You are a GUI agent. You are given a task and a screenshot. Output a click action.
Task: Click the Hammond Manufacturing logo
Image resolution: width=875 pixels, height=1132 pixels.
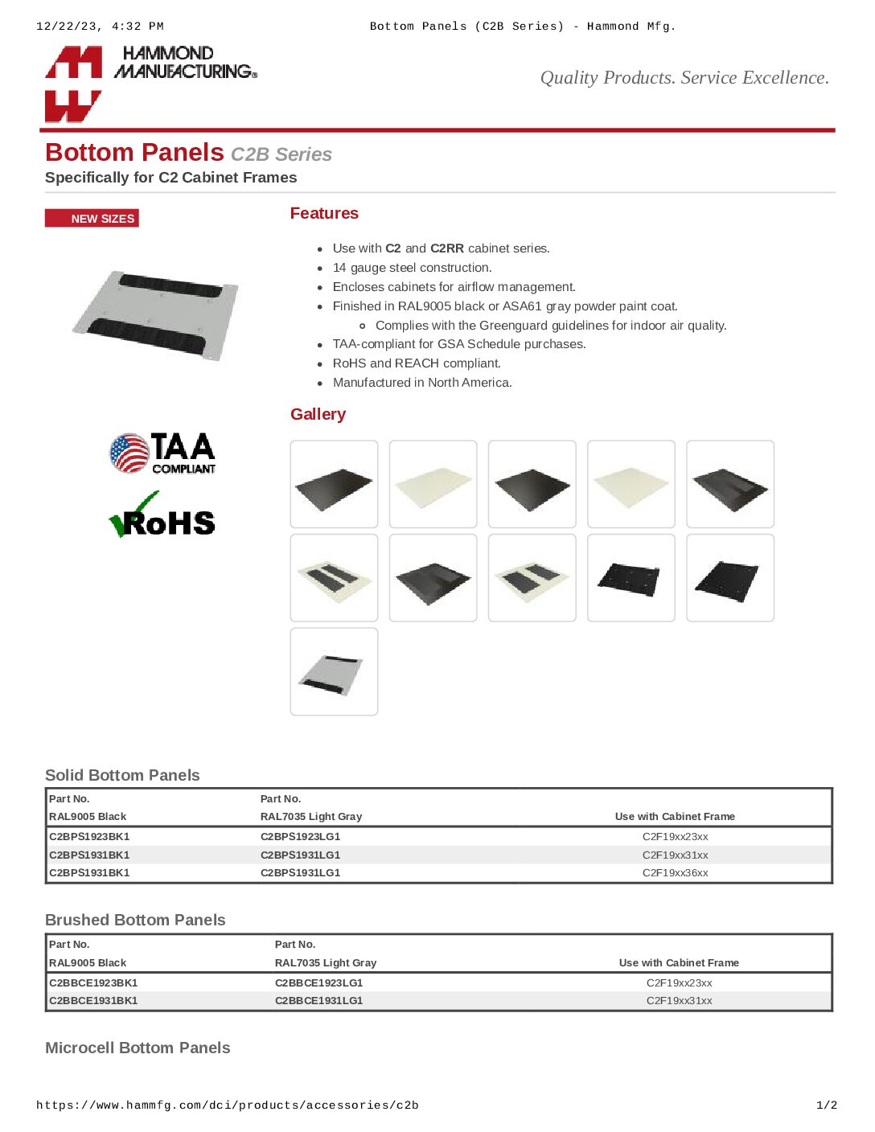150,82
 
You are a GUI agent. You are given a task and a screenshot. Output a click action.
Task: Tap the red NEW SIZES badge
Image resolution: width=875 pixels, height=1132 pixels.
92,219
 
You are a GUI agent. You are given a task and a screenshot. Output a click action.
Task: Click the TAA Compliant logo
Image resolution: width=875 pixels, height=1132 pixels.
162,453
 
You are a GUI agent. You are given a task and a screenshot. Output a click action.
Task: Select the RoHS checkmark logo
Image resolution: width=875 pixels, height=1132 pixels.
162,517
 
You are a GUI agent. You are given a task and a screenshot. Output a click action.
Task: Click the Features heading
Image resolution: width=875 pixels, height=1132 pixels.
324,213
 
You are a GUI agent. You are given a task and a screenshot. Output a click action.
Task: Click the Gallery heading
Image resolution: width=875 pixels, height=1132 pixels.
318,414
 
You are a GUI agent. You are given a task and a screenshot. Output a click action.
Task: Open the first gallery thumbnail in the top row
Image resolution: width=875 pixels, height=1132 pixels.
334,484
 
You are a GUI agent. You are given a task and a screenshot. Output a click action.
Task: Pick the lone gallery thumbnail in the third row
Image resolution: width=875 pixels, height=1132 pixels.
334,671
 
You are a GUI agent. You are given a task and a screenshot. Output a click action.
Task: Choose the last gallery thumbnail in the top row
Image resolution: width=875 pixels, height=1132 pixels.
729,484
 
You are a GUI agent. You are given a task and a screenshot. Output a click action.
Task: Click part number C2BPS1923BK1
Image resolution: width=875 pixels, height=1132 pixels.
89,837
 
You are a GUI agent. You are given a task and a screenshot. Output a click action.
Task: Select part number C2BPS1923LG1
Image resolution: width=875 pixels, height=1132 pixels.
300,837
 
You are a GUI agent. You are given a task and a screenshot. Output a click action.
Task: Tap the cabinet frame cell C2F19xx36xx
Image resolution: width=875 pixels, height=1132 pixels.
675,873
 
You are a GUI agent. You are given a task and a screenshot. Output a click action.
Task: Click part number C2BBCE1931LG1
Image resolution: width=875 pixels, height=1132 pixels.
318,1001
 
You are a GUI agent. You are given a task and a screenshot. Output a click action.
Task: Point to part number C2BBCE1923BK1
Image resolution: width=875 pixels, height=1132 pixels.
93,982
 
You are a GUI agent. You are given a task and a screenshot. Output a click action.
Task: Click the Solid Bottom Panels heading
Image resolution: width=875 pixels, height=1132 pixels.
122,775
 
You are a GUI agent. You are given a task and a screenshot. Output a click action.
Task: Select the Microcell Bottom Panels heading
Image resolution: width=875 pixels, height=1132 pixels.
138,1048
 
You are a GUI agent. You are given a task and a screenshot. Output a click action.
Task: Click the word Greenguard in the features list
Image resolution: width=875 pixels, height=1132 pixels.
510,326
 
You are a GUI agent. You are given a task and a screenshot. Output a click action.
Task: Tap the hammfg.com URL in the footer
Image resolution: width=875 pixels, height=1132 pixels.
227,1105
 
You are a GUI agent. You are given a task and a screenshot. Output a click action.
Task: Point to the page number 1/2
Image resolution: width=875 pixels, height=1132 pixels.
827,1105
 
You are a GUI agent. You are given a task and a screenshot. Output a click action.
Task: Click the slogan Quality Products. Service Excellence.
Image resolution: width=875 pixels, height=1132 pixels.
684,78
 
